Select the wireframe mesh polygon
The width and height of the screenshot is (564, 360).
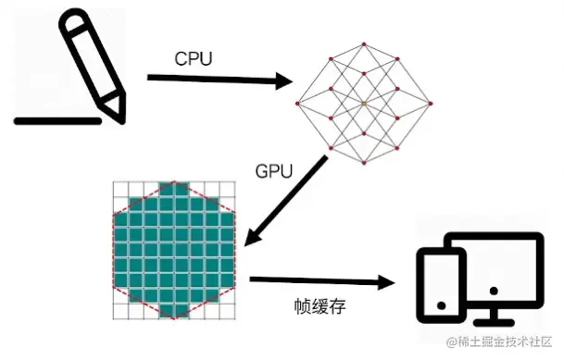pos(365,103)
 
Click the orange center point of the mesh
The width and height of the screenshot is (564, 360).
pos(365,103)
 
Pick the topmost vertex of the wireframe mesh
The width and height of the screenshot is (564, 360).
pos(365,42)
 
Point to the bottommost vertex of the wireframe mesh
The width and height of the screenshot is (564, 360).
pos(365,164)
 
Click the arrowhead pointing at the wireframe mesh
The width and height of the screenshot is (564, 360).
pos(283,82)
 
